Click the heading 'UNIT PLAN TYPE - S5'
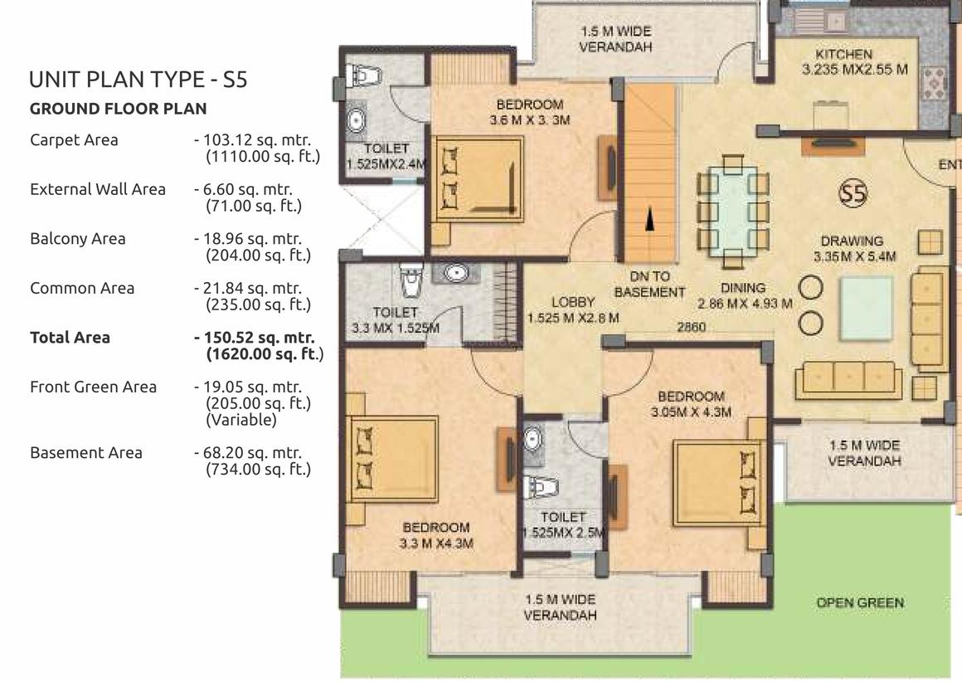click(138, 80)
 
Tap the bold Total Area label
click(70, 338)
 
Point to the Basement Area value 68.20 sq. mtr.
click(253, 454)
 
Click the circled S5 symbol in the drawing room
click(853, 193)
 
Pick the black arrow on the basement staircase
click(650, 219)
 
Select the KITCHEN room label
click(843, 54)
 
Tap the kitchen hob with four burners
click(933, 84)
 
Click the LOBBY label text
click(573, 302)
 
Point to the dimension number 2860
click(691, 327)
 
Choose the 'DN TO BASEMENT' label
click(649, 285)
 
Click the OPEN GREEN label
click(859, 603)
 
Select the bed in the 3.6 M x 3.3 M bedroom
click(478, 178)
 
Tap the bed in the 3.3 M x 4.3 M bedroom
click(392, 459)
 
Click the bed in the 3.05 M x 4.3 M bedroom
click(719, 482)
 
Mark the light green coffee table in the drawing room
click(866, 308)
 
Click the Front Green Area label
click(93, 387)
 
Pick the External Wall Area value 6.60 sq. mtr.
click(248, 190)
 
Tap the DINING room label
click(743, 288)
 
